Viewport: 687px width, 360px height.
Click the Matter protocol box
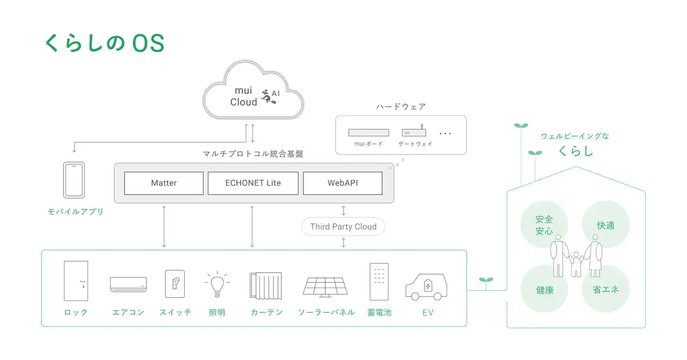[164, 183]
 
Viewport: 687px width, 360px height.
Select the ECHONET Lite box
[253, 183]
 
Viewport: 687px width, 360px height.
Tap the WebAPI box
[342, 183]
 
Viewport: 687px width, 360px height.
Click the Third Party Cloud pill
[343, 226]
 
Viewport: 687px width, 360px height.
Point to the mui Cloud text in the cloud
[244, 97]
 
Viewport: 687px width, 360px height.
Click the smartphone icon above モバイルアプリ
[74, 180]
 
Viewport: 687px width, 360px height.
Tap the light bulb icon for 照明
[217, 284]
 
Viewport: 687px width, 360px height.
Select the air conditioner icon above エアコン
[128, 284]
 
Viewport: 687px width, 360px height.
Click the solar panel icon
[325, 286]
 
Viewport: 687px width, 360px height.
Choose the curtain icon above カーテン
[266, 285]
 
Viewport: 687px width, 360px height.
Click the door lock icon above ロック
[76, 281]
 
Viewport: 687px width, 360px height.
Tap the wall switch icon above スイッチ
[175, 283]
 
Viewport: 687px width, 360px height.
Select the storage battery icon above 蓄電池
[379, 282]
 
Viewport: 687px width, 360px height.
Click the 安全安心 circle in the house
[544, 225]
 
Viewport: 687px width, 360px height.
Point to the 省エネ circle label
[605, 290]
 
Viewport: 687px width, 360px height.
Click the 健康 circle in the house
[544, 290]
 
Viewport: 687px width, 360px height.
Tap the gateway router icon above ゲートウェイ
[414, 131]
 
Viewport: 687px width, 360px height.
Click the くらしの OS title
[104, 43]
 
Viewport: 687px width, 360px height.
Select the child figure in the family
[576, 264]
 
